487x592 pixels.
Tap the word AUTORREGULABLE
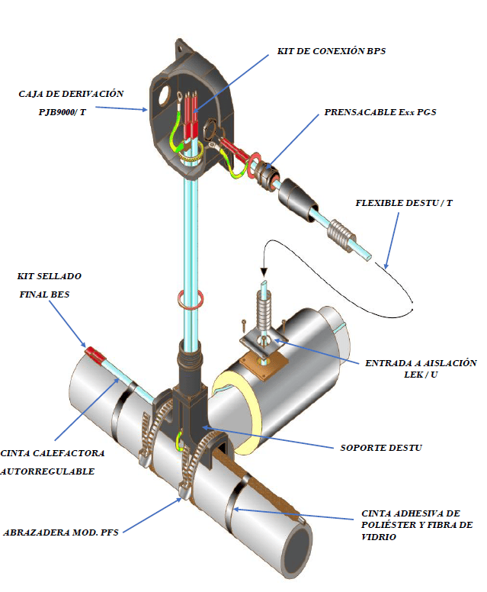(48, 471)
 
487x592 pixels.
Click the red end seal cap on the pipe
(94, 354)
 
